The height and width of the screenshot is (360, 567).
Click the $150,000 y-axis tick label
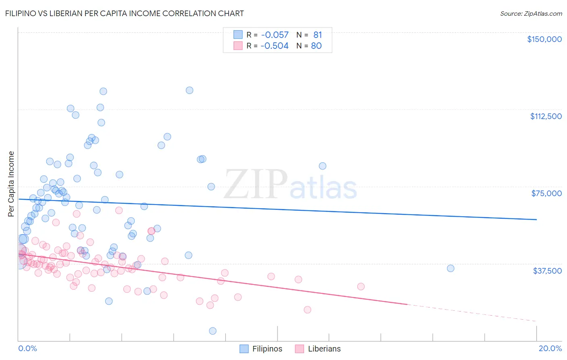[x=544, y=39]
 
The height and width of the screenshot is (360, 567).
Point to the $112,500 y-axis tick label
[x=546, y=116]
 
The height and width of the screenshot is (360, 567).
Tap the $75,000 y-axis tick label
[x=546, y=193]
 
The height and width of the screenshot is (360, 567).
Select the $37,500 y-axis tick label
[x=547, y=271]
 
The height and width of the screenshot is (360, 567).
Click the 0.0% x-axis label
[x=27, y=348]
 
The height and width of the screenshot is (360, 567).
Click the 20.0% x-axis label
[x=550, y=348]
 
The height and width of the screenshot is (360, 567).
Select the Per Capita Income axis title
[x=11, y=184]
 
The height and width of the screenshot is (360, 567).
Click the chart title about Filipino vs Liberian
[x=124, y=13]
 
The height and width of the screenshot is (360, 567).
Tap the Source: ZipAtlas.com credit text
[x=531, y=14]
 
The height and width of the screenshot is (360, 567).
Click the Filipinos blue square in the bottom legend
[x=244, y=349]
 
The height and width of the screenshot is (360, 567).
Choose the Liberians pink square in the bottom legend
[x=299, y=349]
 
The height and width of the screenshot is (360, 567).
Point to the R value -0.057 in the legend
[x=275, y=35]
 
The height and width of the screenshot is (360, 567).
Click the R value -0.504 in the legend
[x=275, y=46]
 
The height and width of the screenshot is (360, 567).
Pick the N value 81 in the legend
[x=318, y=35]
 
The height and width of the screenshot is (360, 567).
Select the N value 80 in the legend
[x=317, y=46]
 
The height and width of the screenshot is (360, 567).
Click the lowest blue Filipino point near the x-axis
[x=213, y=331]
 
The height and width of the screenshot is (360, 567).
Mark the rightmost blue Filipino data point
[x=450, y=268]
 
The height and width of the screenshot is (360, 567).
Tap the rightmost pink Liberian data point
[x=361, y=287]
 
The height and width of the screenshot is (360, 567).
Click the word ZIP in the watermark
[x=255, y=184]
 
